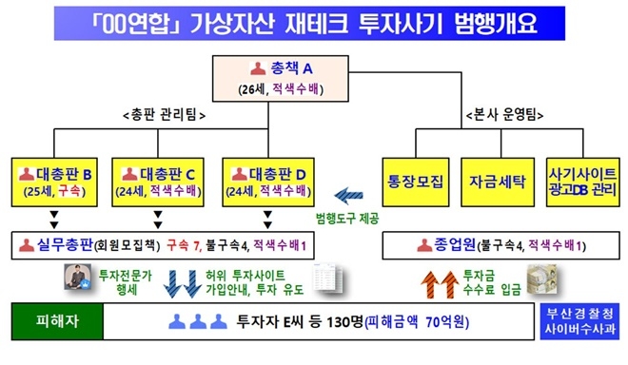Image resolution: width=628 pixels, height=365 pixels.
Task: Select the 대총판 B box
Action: click(x=55, y=182)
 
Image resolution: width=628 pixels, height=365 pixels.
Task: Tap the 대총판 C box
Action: click(x=163, y=182)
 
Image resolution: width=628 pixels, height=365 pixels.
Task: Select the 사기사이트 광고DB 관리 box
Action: click(x=579, y=182)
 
